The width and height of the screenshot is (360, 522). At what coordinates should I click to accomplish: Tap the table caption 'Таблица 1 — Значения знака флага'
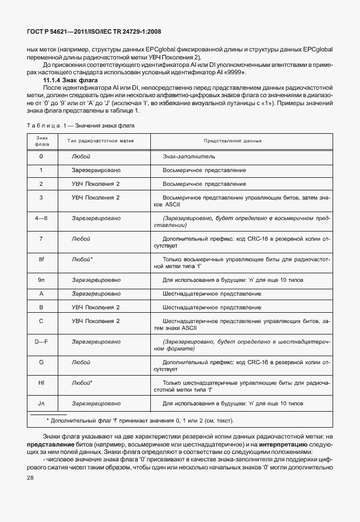[82, 125]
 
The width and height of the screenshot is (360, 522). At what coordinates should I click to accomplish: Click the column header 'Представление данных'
[233, 140]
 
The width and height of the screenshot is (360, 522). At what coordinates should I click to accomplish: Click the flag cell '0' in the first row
[41, 156]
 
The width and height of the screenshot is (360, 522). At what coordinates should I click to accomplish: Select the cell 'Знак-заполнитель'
[189, 156]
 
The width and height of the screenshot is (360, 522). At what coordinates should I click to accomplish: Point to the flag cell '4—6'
[41, 218]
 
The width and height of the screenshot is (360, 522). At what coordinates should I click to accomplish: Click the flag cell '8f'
[41, 260]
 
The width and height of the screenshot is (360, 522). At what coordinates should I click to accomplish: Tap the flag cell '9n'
[41, 280]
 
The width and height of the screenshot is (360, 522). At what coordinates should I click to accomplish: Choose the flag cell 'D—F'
[41, 341]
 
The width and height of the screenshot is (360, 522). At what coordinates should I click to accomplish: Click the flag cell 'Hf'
[41, 382]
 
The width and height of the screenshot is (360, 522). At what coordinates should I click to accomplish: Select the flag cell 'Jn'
[41, 403]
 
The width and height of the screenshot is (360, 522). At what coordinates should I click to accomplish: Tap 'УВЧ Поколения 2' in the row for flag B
[95, 307]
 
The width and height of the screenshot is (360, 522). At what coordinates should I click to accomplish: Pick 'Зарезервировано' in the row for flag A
[96, 293]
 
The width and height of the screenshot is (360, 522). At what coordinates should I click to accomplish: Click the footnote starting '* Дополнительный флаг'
[140, 420]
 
